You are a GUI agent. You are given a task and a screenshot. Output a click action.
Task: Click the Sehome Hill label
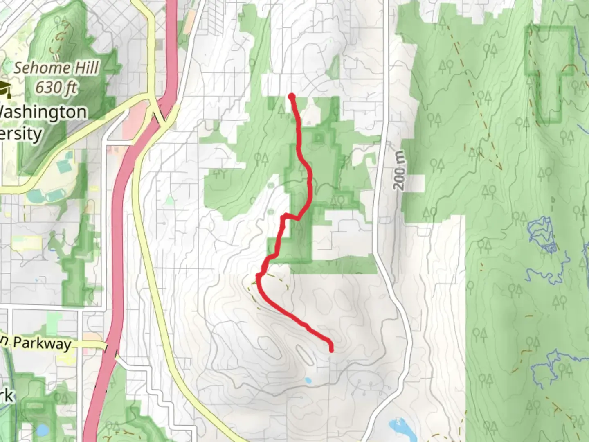pyautogui.click(x=56, y=68)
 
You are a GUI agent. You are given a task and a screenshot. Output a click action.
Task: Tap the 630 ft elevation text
pyautogui.click(x=56, y=87)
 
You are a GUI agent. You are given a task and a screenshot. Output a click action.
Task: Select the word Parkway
pyautogui.click(x=42, y=343)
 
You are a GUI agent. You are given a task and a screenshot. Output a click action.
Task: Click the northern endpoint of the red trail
pyautogui.click(x=292, y=97)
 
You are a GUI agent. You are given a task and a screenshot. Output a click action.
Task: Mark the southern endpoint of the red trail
pyautogui.click(x=331, y=349)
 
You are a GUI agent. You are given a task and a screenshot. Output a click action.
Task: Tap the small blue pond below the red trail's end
pyautogui.click(x=308, y=381)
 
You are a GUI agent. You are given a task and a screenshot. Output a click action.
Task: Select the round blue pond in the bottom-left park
pyautogui.click(x=42, y=430)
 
